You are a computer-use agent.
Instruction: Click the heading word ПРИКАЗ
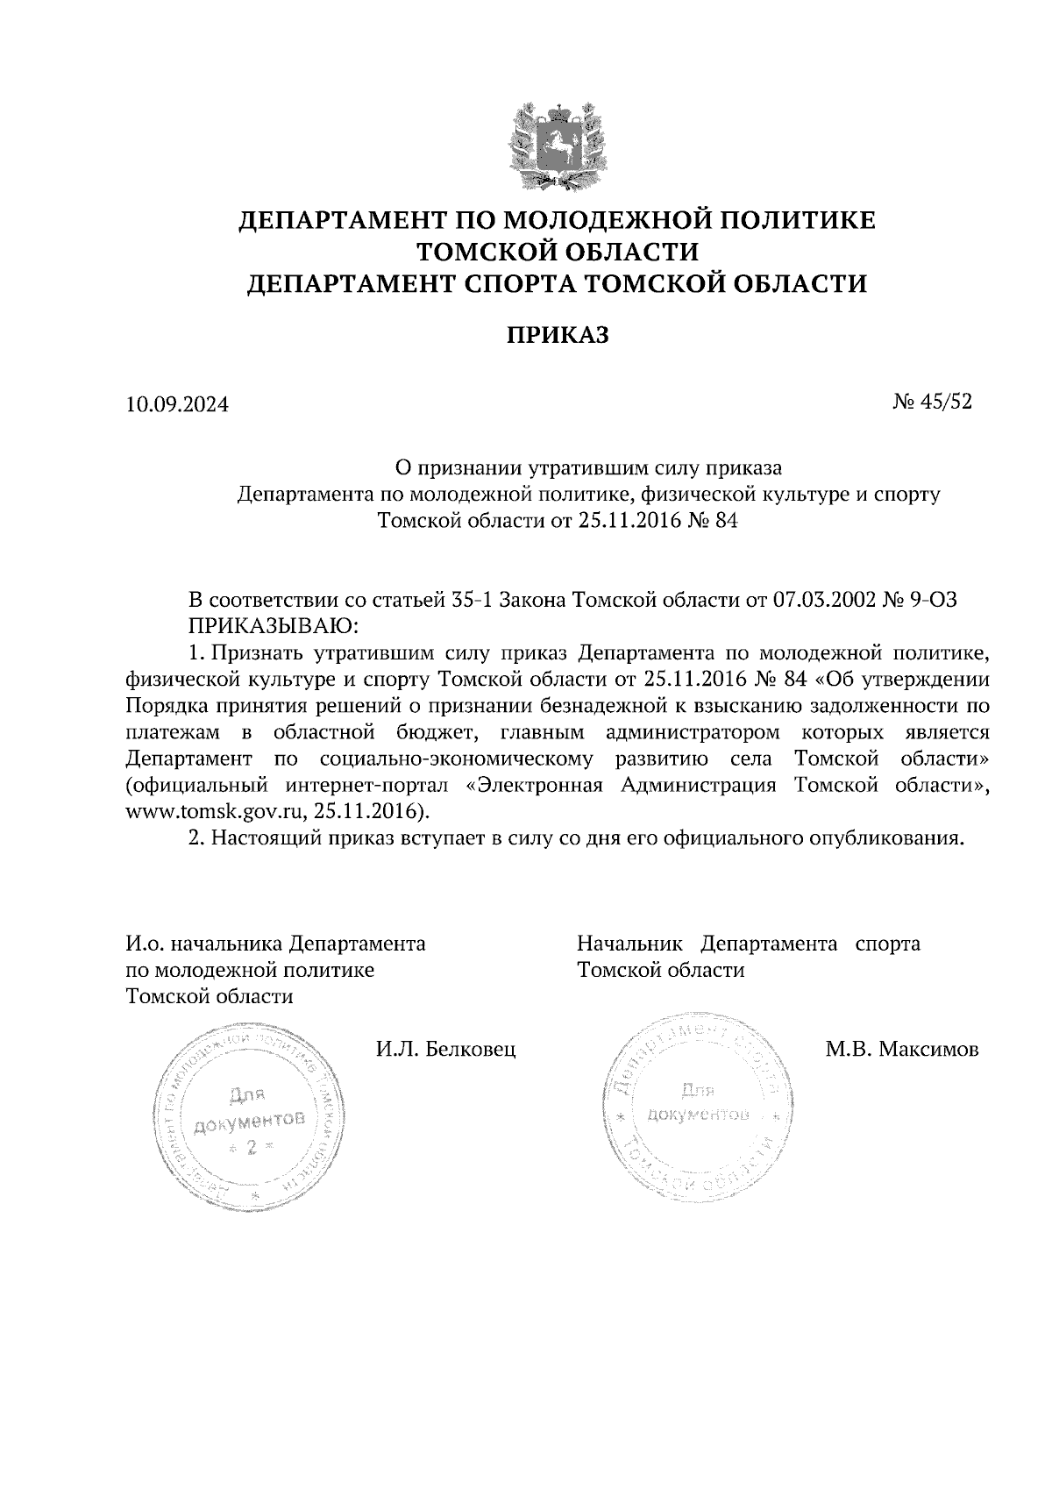[x=558, y=336]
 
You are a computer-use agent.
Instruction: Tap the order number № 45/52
[x=933, y=403]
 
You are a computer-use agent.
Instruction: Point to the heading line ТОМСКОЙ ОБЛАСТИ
[x=558, y=252]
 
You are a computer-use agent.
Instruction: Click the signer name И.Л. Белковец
[x=445, y=1049]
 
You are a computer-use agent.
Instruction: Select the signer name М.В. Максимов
[x=902, y=1049]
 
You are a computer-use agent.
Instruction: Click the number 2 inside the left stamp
[x=252, y=1148]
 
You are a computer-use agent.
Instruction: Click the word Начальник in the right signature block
[x=629, y=944]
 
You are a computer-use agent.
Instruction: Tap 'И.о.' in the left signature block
[x=144, y=944]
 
